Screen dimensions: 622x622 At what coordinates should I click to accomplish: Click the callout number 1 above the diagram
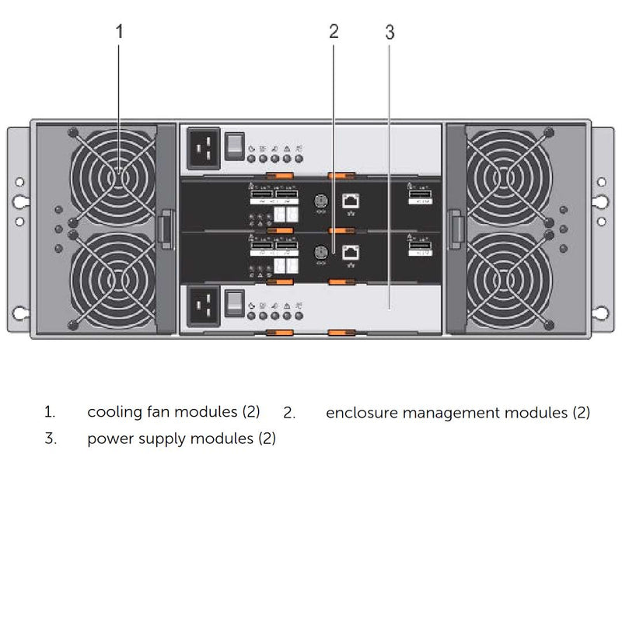119,32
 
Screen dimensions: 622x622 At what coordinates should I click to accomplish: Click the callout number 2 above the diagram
334,32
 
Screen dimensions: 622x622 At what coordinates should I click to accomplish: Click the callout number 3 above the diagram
390,32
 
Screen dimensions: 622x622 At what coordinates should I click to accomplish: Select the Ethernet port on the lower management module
350,252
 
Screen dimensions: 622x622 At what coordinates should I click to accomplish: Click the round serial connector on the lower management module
318,253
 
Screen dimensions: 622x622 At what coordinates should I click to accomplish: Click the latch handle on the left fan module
164,230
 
